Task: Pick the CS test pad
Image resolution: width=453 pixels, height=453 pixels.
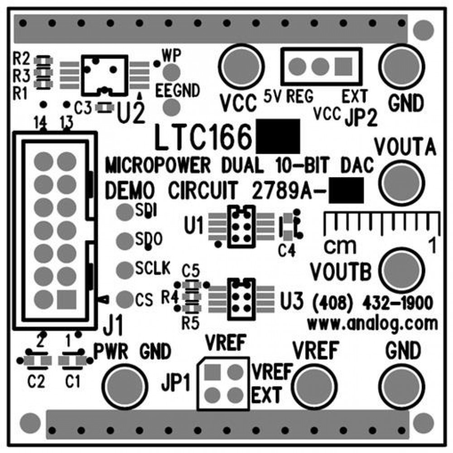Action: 125,299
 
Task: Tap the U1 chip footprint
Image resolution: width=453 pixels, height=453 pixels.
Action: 240,226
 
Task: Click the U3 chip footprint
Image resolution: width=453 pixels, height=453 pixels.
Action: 240,298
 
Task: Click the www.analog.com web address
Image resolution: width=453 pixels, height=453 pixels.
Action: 372,323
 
